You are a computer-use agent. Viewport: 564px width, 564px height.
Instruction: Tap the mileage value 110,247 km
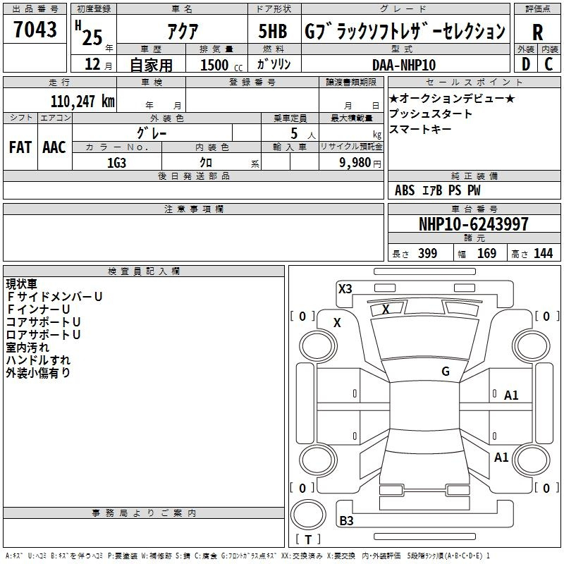point(82,101)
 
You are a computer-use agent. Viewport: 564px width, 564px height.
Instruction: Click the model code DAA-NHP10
point(404,64)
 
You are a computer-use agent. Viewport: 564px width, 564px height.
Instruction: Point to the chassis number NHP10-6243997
point(474,224)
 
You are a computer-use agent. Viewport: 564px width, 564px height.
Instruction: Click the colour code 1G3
point(116,161)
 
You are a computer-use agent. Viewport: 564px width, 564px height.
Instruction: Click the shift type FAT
point(20,147)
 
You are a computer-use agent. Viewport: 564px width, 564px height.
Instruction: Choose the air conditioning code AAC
point(54,147)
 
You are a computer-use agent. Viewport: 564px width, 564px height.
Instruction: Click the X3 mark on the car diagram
point(345,288)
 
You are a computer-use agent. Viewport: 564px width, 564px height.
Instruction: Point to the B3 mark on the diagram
point(346,521)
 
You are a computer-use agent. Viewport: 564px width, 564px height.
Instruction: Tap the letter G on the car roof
point(446,371)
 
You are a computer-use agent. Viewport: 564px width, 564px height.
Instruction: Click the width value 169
point(487,253)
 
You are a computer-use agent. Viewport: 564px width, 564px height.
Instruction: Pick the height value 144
point(543,253)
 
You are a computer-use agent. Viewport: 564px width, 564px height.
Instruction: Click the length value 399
point(428,253)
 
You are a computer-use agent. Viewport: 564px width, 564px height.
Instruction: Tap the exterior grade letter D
point(525,64)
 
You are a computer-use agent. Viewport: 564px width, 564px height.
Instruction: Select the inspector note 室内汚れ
point(27,348)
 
